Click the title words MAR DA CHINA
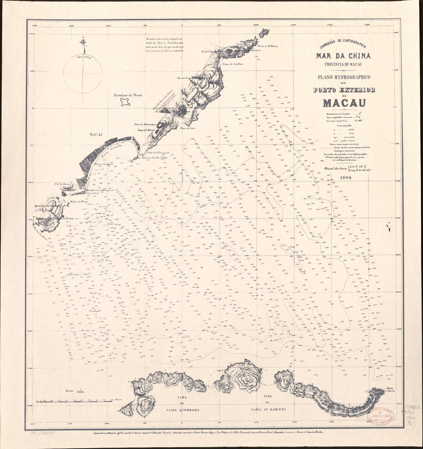[343, 56]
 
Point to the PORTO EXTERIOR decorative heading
[343, 90]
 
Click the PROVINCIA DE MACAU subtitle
[343, 64]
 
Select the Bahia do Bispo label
[78, 200]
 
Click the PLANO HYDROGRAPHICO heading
[343, 77]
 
